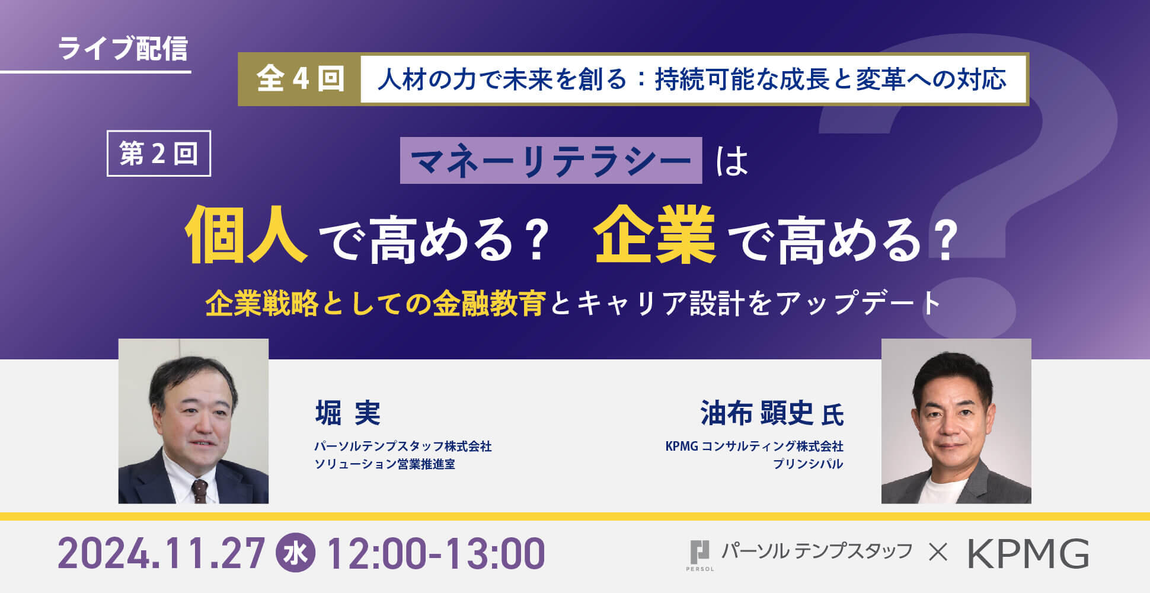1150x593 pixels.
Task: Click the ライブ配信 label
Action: click(x=123, y=49)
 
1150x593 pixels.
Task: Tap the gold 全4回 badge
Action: click(x=299, y=79)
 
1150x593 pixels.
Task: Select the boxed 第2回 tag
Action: click(x=159, y=154)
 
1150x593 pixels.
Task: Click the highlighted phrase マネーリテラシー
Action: click(x=551, y=161)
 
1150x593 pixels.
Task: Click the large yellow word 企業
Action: click(x=655, y=234)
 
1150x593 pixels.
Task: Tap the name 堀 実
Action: click(x=348, y=413)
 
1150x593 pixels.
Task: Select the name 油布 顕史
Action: click(x=757, y=413)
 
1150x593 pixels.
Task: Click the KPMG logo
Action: click(x=1028, y=554)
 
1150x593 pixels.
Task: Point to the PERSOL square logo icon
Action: click(x=699, y=553)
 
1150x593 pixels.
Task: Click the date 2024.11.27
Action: click(x=161, y=554)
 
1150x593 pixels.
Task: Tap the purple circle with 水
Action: click(x=296, y=554)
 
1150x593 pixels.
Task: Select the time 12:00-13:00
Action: click(x=436, y=554)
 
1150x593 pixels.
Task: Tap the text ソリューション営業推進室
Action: click(x=385, y=464)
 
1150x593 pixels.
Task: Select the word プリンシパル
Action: click(x=807, y=464)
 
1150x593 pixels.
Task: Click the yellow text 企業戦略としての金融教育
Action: click(x=375, y=304)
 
